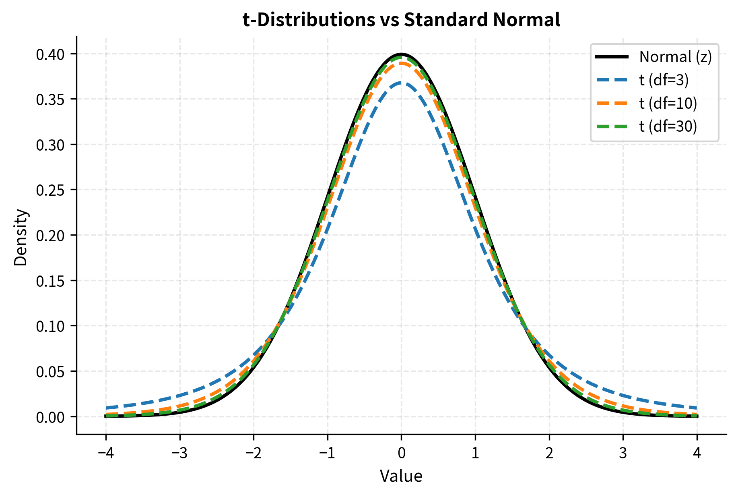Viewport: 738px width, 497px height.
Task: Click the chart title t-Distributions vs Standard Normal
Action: (x=401, y=20)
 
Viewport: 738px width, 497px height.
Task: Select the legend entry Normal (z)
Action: (x=675, y=57)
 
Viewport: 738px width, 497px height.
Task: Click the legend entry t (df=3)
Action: (x=664, y=80)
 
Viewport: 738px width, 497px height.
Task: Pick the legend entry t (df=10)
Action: (x=668, y=104)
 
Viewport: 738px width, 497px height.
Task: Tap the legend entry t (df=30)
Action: (x=668, y=126)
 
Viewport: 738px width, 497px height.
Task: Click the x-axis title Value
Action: (x=401, y=476)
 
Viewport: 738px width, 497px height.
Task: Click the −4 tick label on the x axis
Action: (x=105, y=454)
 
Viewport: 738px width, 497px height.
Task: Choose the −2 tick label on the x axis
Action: (x=253, y=454)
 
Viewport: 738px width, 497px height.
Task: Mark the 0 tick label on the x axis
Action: (x=401, y=454)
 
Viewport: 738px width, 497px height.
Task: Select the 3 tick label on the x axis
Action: (x=623, y=454)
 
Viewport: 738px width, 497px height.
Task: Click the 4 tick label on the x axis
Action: (x=697, y=454)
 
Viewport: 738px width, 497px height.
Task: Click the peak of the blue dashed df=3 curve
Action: (x=401, y=83)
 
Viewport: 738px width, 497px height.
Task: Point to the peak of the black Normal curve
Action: (x=401, y=54)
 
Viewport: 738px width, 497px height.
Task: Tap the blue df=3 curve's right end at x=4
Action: (x=697, y=408)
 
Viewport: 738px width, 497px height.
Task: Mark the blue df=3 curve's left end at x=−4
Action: (x=106, y=408)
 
